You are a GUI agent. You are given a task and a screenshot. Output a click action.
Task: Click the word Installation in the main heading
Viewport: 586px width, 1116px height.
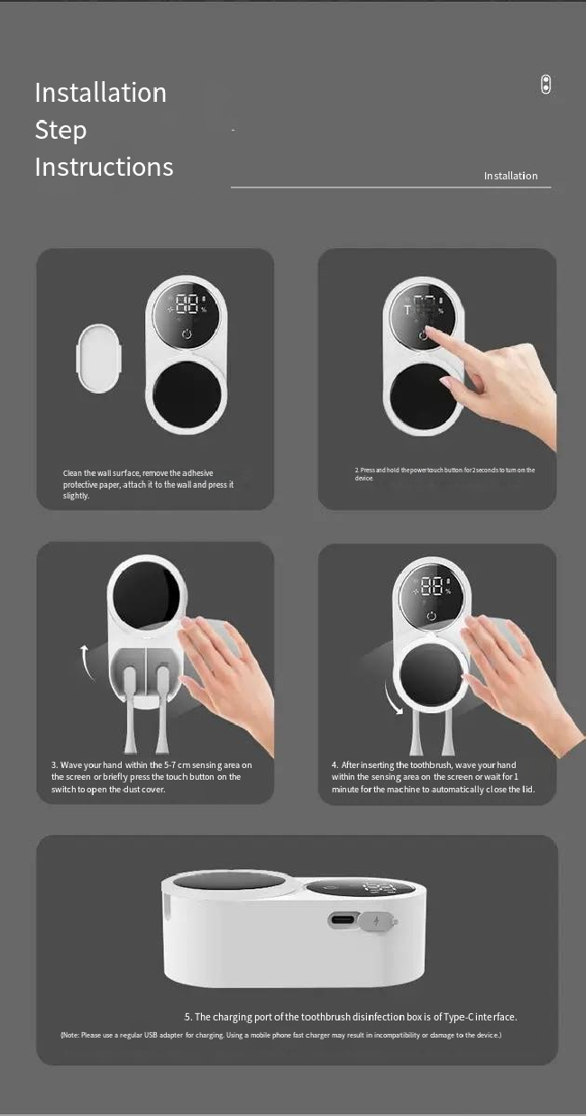pos(101,93)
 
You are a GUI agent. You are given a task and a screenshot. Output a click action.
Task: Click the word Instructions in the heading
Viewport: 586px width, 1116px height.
pos(105,167)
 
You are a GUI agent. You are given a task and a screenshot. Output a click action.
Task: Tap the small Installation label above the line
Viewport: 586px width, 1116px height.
pos(511,176)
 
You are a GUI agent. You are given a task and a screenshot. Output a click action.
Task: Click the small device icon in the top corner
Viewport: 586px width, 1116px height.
pos(546,84)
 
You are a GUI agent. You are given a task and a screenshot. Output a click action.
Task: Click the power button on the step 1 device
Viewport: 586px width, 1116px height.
pos(187,334)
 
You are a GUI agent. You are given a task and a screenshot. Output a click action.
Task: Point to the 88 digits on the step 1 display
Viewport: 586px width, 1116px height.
pos(187,304)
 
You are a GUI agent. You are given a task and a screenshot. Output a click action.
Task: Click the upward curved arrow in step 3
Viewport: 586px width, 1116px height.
pos(87,663)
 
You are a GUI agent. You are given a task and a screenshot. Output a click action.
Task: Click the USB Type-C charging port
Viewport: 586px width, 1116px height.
pos(343,919)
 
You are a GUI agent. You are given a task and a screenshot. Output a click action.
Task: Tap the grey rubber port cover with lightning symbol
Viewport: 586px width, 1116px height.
pos(378,921)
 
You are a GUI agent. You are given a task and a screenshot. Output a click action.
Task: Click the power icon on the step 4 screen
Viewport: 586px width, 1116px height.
pos(432,616)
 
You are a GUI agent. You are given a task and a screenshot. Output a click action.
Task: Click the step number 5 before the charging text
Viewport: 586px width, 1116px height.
pos(188,1017)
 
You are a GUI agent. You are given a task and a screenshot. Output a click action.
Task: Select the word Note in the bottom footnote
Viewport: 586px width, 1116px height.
pos(70,1035)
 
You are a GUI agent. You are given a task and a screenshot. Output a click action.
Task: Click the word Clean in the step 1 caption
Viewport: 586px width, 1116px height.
pos(72,472)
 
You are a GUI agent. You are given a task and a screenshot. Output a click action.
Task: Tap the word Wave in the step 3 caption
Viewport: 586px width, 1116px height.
pos(70,764)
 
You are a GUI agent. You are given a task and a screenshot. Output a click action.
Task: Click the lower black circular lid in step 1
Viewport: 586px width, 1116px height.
pos(187,395)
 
